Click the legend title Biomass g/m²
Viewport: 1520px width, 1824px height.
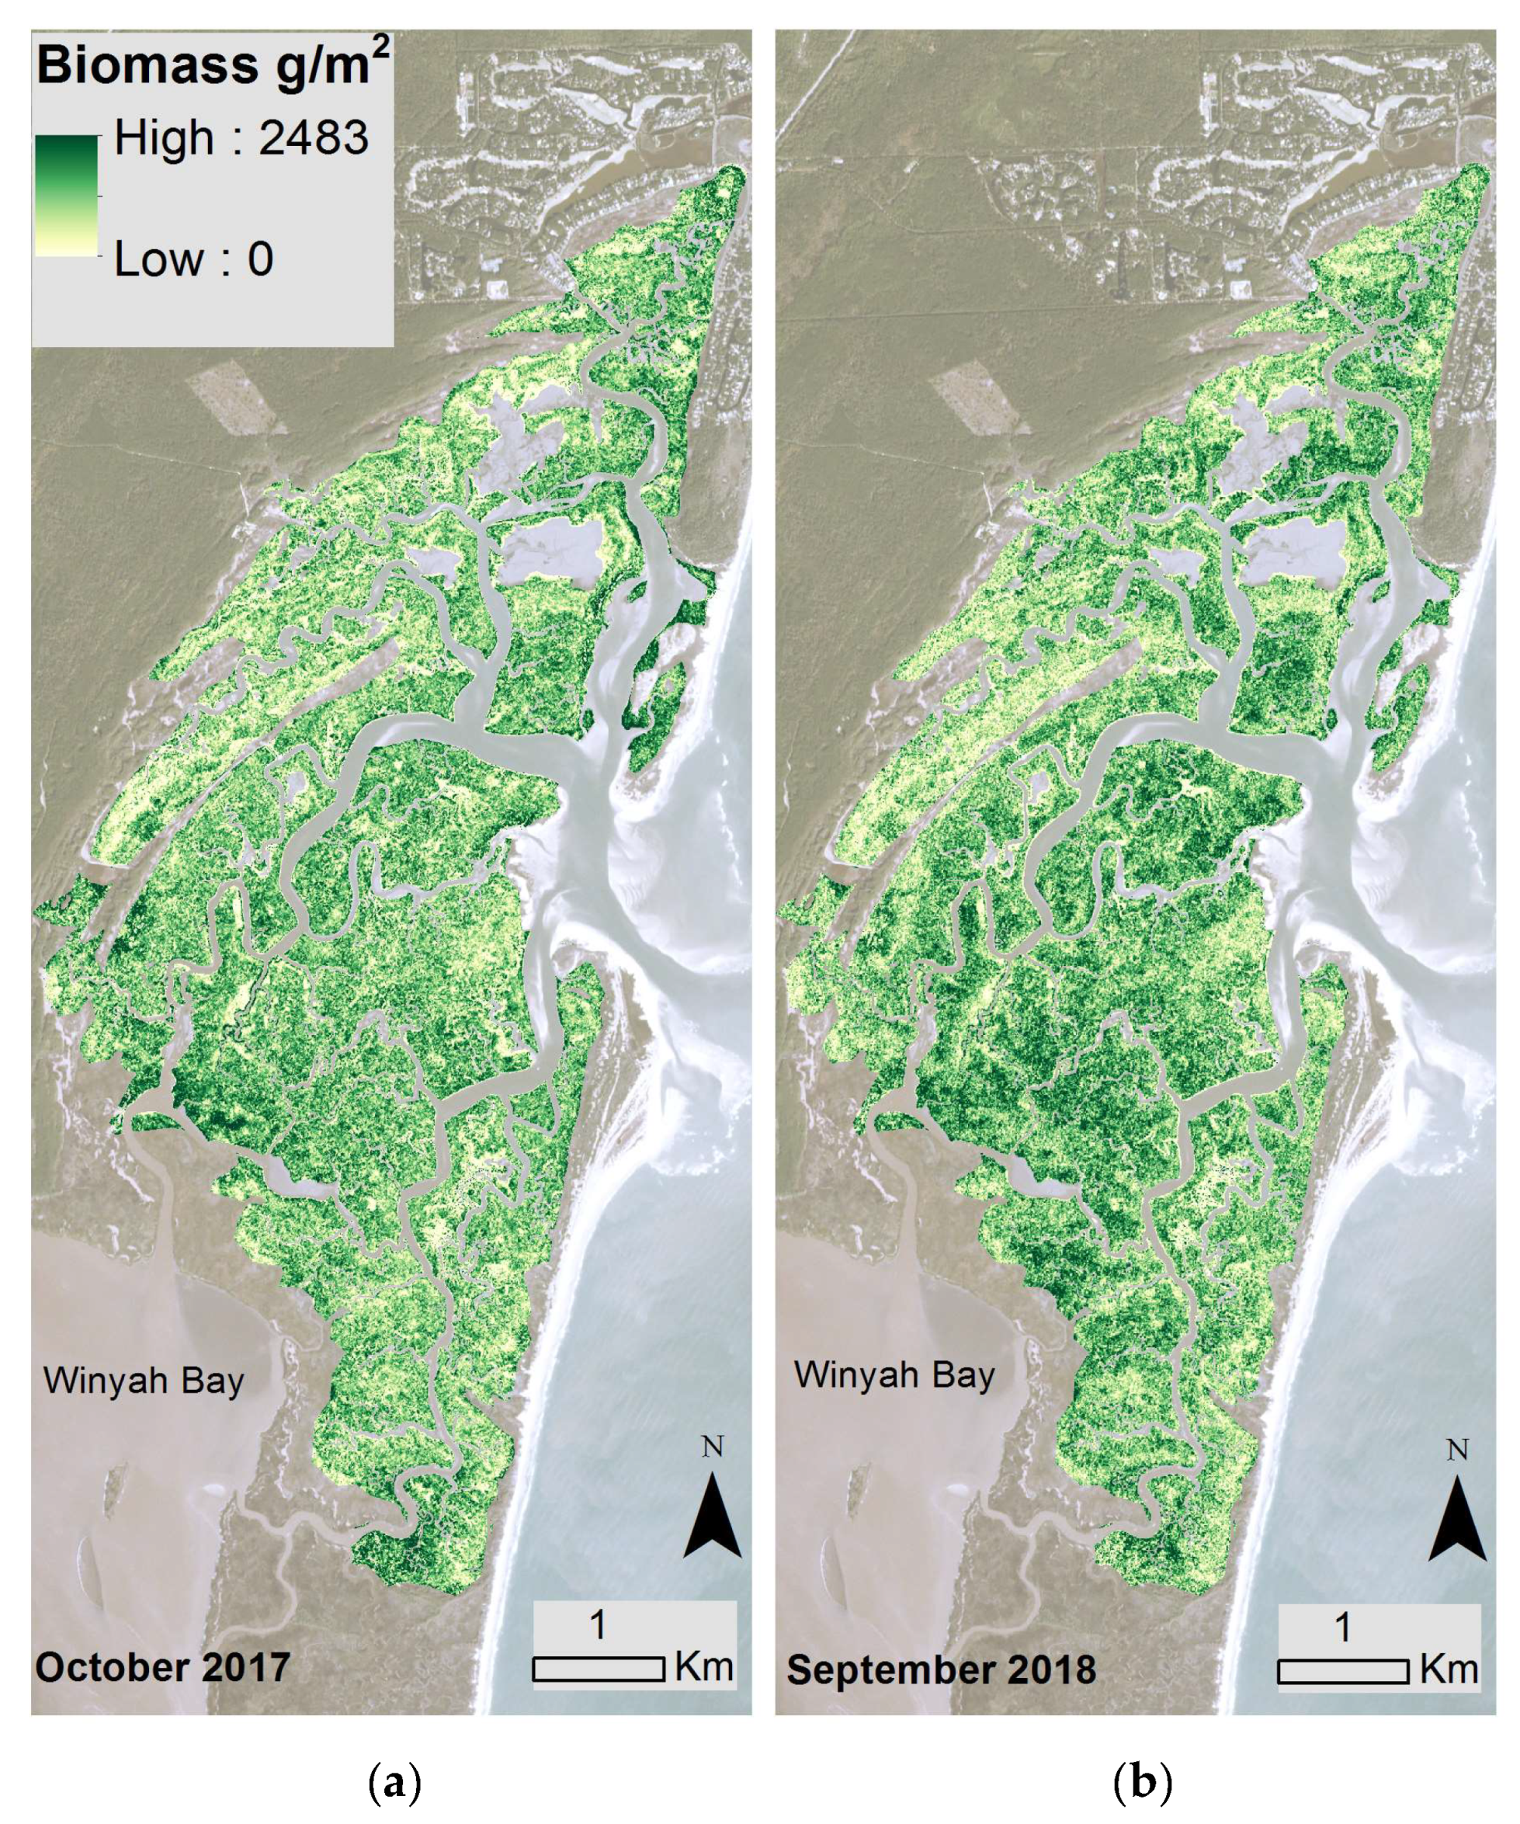point(212,66)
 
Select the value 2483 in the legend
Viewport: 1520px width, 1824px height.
point(314,138)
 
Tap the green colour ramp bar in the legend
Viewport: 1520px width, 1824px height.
point(66,196)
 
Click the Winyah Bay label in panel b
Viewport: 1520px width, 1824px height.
point(894,1374)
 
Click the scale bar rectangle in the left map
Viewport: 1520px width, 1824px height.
point(599,1669)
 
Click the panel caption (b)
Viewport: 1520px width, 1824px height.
point(1142,1781)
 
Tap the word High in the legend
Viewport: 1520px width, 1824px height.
point(163,138)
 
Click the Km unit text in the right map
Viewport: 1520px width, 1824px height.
point(1449,1669)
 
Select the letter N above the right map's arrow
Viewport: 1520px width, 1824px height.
point(1457,1450)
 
